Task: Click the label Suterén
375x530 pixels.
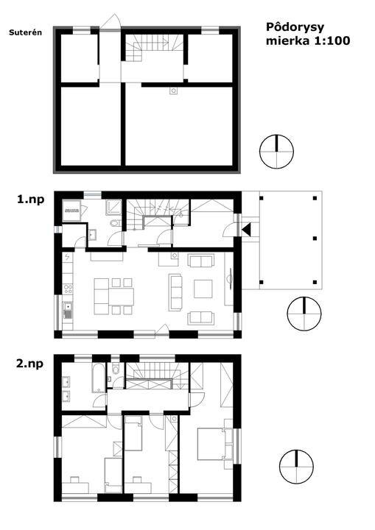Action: pyautogui.click(x=25, y=32)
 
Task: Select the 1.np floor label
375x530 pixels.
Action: pyautogui.click(x=31, y=199)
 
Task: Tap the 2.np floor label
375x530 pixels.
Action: pyautogui.click(x=29, y=364)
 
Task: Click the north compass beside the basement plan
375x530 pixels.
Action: pyautogui.click(x=276, y=152)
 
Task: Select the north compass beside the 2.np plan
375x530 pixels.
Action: pyautogui.click(x=296, y=467)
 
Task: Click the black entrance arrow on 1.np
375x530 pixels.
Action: pyautogui.click(x=246, y=230)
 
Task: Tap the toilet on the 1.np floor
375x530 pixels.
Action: pyautogui.click(x=115, y=223)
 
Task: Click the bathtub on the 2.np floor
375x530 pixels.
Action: pyautogui.click(x=97, y=378)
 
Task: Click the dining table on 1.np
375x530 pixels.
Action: pyautogui.click(x=121, y=296)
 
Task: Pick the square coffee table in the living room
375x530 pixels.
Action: pyautogui.click(x=203, y=289)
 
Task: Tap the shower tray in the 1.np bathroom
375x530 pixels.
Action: pyautogui.click(x=113, y=207)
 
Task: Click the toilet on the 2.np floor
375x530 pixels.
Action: pyautogui.click(x=115, y=369)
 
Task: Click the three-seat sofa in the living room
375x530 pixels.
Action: pyautogui.click(x=175, y=292)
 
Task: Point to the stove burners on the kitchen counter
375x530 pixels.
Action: pyautogui.click(x=68, y=289)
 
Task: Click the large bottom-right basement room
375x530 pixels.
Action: pyautogui.click(x=179, y=126)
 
